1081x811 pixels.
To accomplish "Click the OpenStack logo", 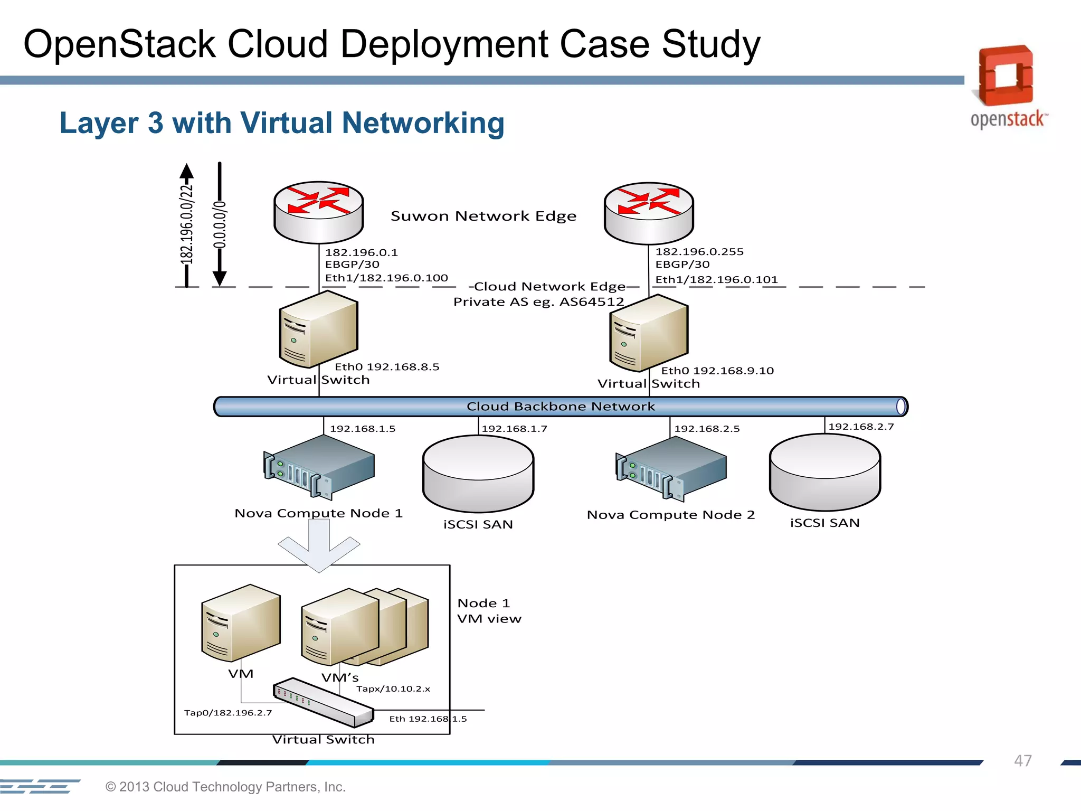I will [x=1007, y=87].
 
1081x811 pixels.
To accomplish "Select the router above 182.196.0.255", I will [x=649, y=212].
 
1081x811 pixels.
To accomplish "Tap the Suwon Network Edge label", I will [x=483, y=216].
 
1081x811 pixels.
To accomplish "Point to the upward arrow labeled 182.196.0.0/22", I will [x=186, y=224].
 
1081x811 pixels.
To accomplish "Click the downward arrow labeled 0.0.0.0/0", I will [x=220, y=224].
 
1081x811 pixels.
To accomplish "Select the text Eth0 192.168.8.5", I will [x=387, y=367].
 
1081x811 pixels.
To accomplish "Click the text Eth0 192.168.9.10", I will [x=717, y=371].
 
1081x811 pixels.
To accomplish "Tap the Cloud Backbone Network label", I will [x=561, y=407].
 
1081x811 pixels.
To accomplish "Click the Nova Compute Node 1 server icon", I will [x=319, y=467].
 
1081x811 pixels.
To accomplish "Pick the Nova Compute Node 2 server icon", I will [x=671, y=468].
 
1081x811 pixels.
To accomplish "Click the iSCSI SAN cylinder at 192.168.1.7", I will [x=478, y=474].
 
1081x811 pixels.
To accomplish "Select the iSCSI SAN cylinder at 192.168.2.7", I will [x=824, y=472].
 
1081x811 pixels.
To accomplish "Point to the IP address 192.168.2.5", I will [x=707, y=429].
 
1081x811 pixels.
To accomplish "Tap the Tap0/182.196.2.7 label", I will [x=228, y=713].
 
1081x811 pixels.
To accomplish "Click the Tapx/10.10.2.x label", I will [x=393, y=689].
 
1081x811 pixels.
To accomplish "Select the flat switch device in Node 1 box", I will [x=323, y=702].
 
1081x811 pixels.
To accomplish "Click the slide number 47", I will [x=1022, y=761].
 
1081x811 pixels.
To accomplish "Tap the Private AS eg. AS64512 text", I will [x=538, y=302].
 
